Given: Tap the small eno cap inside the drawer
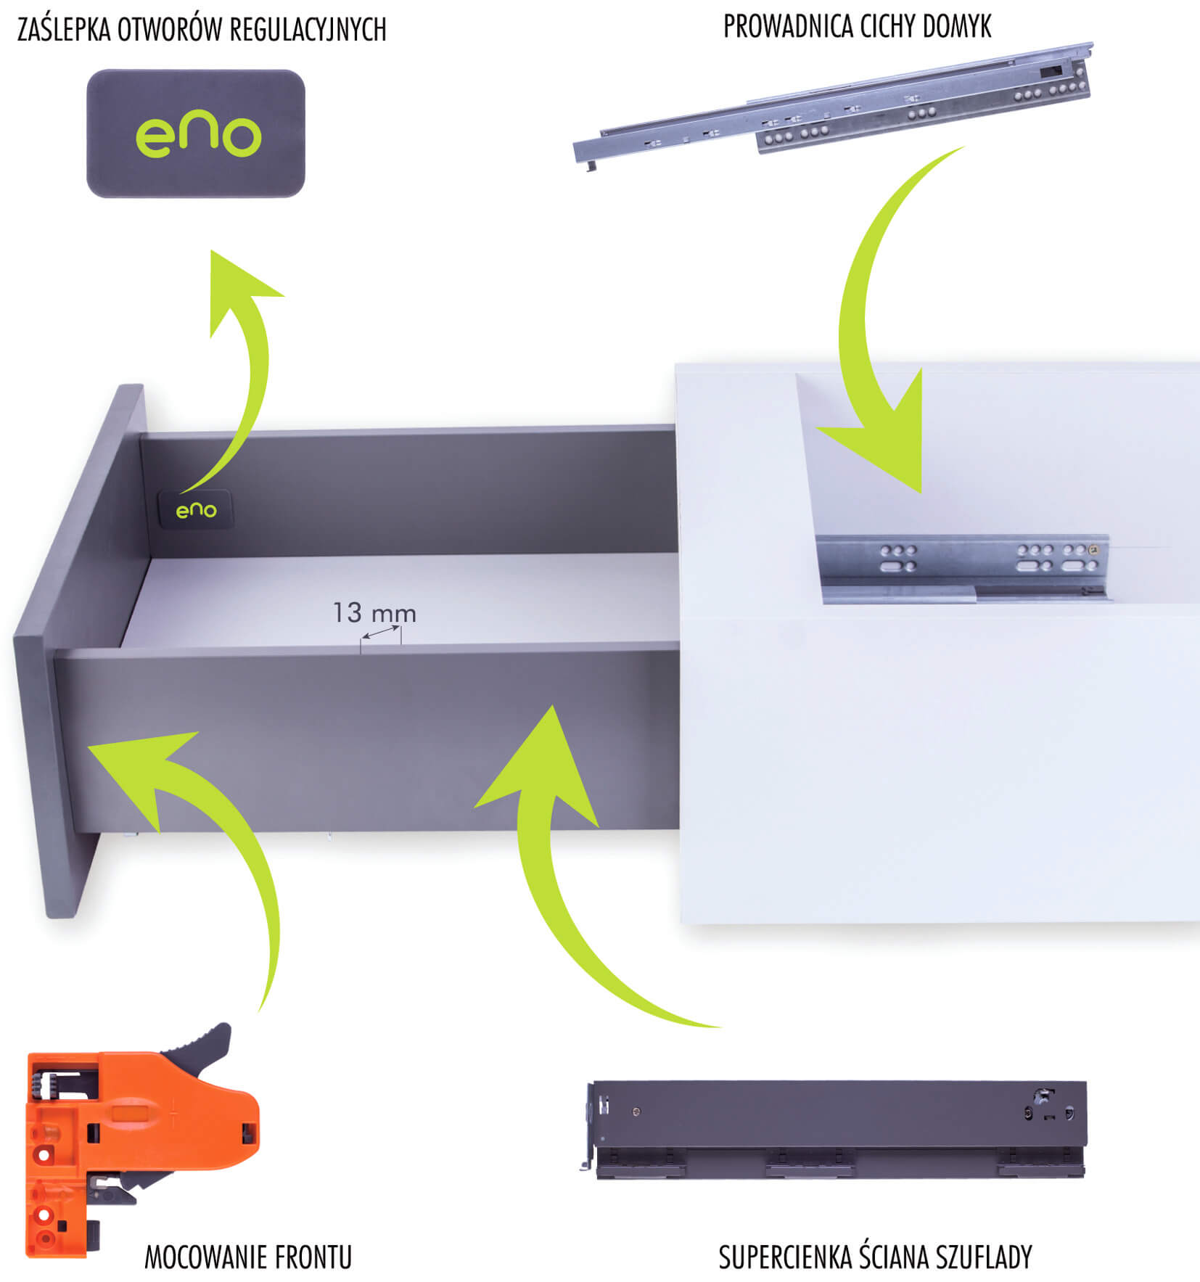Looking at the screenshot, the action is (x=196, y=509).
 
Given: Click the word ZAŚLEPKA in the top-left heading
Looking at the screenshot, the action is (x=62, y=30).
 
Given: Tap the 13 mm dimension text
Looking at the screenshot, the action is (x=374, y=613).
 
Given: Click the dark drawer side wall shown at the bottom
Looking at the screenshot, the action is (x=834, y=1129).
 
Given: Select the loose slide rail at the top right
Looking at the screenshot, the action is (x=833, y=107).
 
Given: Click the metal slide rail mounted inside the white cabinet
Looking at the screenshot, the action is (x=963, y=568).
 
